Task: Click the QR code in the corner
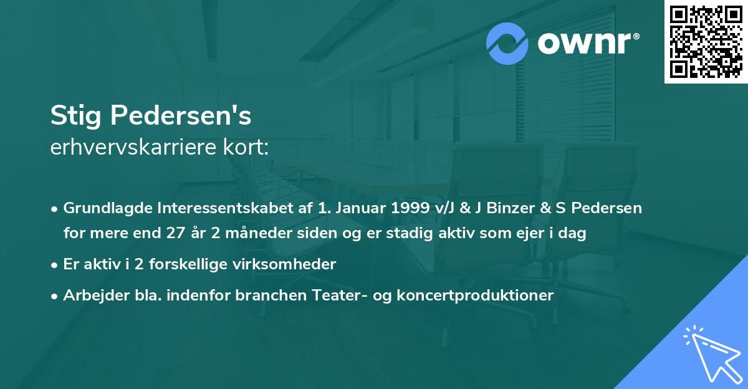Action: [x=706, y=42]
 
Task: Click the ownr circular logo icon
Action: [x=507, y=44]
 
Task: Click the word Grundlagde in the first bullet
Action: [x=102, y=208]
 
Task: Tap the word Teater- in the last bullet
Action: [x=342, y=295]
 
